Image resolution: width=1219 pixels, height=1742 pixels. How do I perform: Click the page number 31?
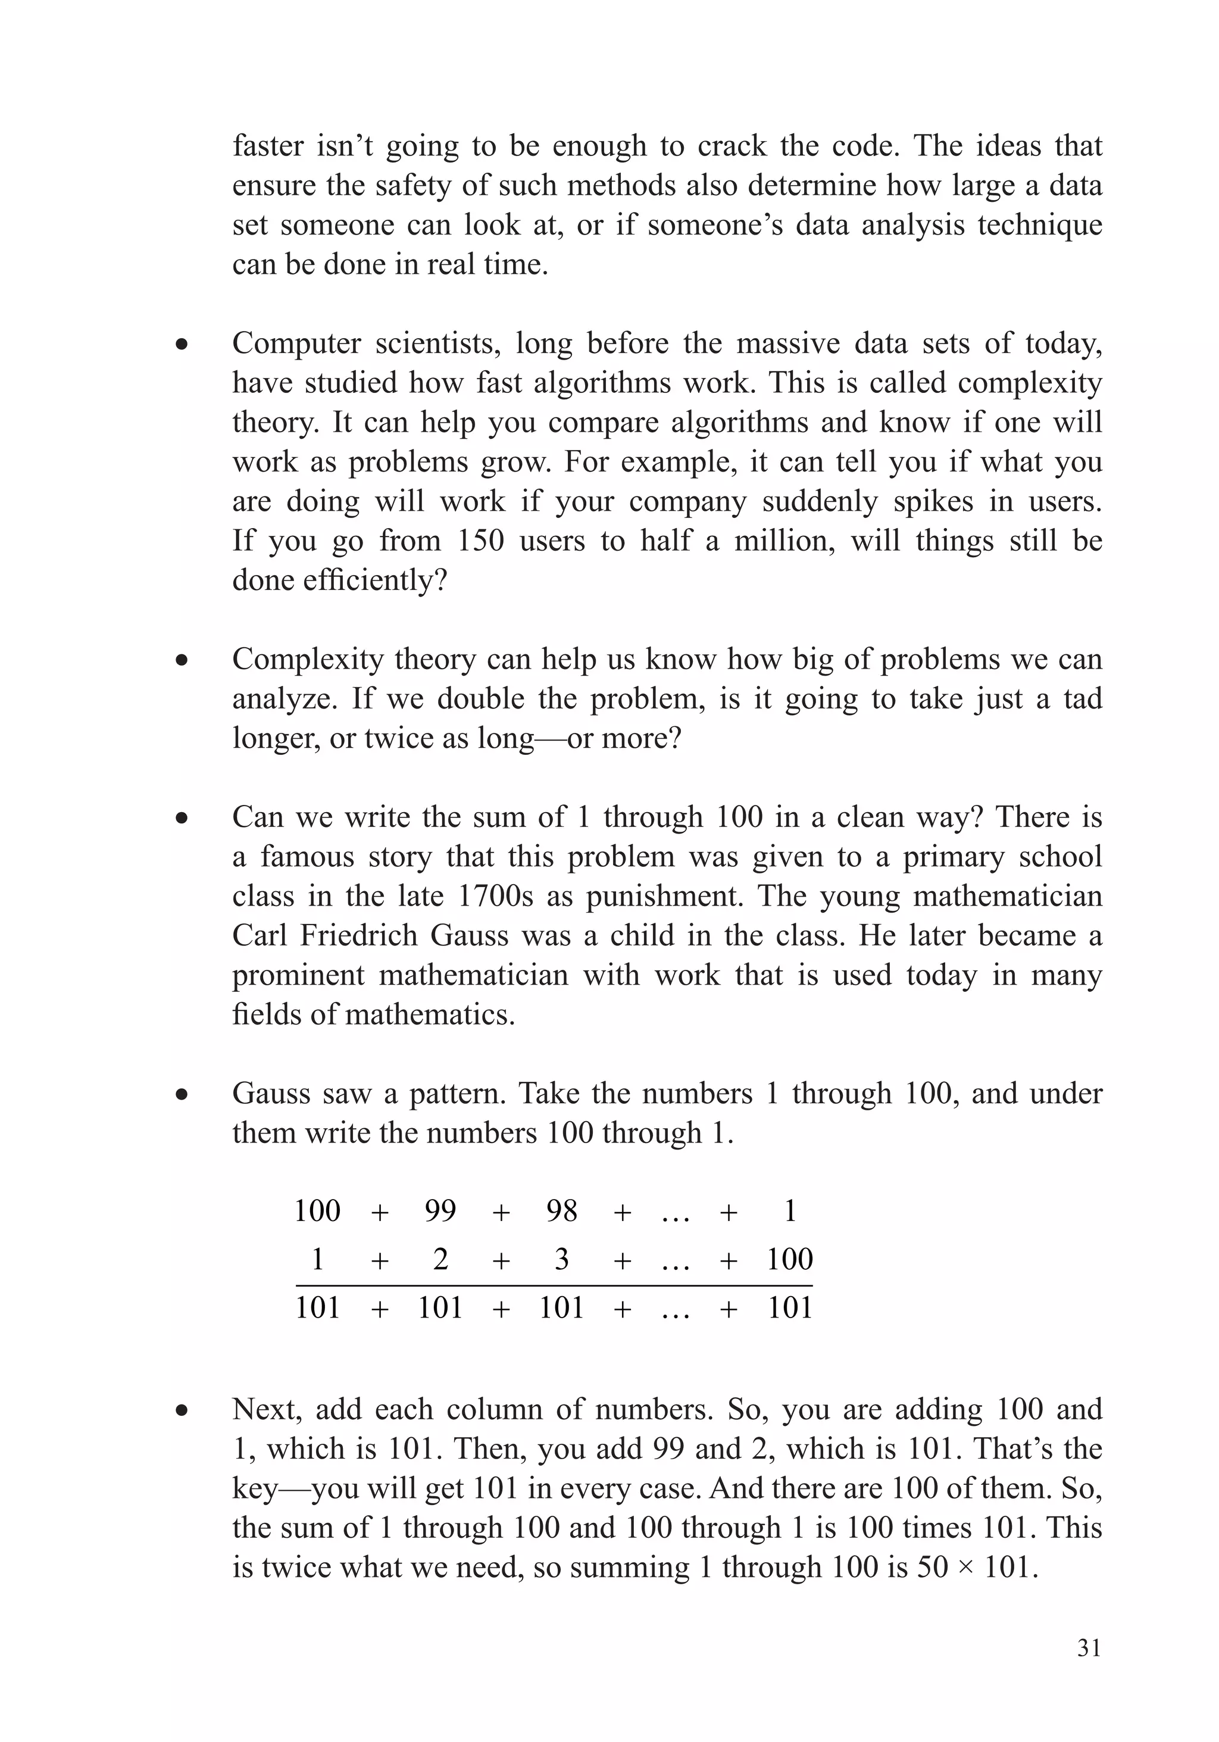pyautogui.click(x=1089, y=1647)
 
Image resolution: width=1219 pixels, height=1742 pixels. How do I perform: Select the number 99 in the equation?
pyautogui.click(x=440, y=1210)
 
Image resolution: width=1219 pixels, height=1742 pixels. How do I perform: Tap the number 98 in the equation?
pyautogui.click(x=561, y=1210)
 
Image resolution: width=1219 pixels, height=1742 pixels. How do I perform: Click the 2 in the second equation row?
pyautogui.click(x=440, y=1259)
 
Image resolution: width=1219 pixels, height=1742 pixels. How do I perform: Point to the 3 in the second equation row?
pyautogui.click(x=561, y=1259)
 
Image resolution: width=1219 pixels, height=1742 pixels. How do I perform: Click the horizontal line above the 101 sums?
pyautogui.click(x=554, y=1285)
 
